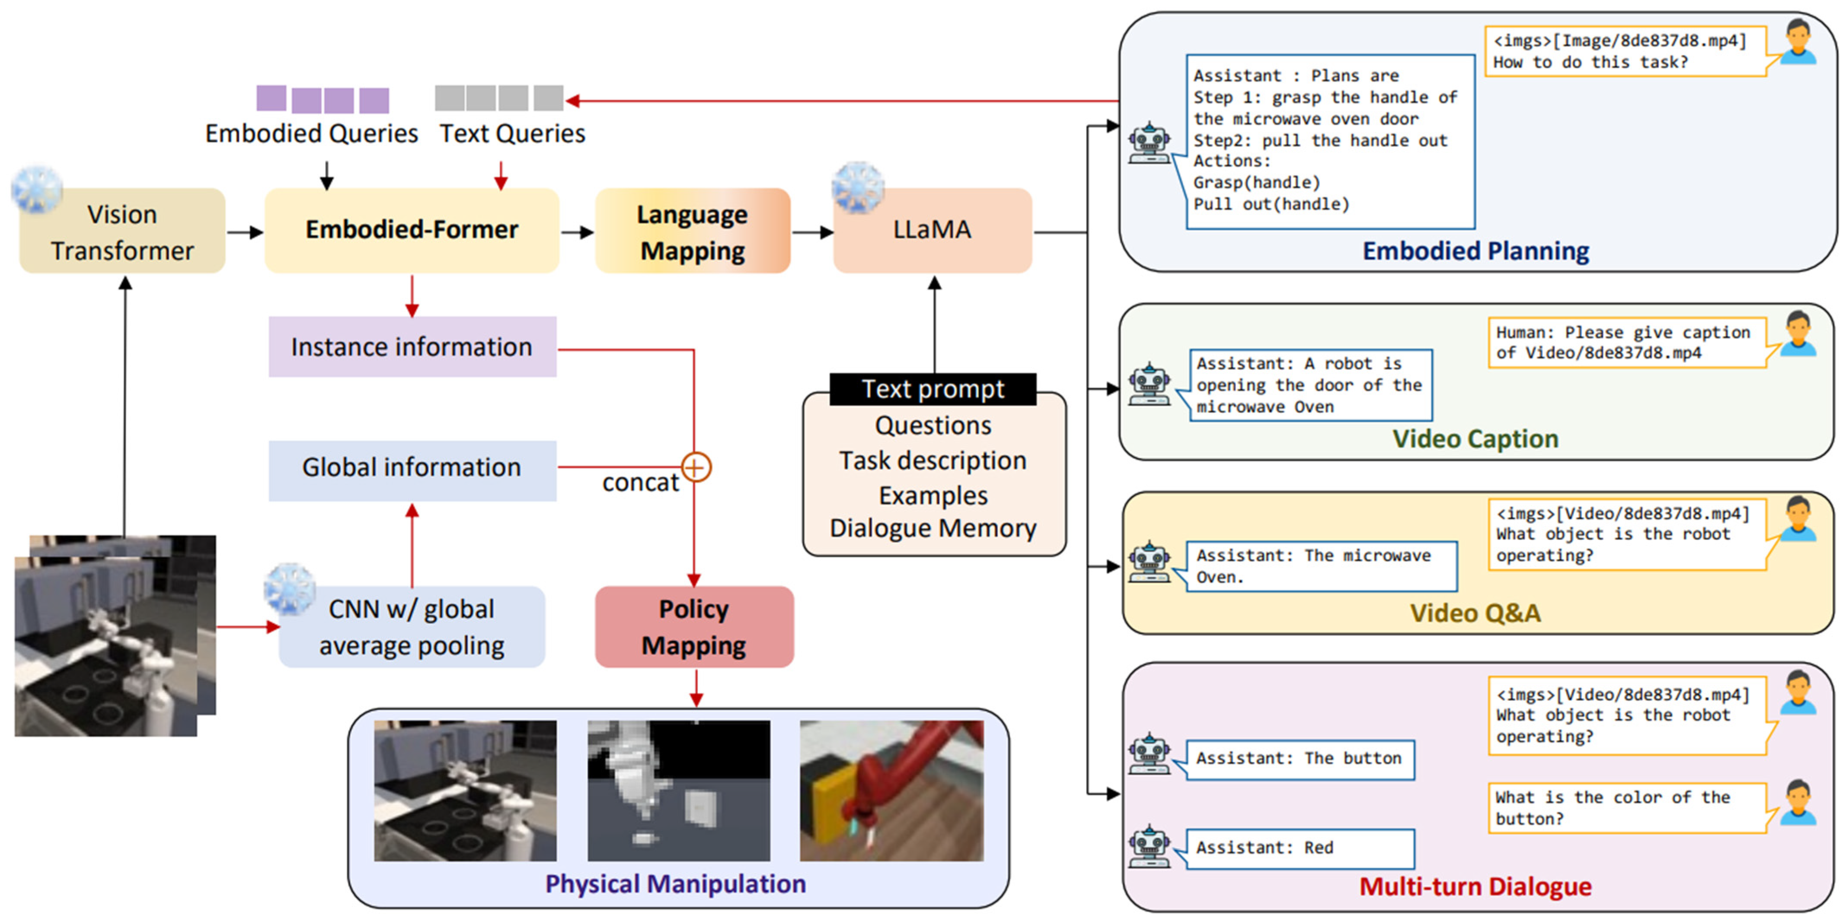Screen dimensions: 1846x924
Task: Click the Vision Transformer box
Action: coord(122,231)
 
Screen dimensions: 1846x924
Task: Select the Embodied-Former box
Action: coord(412,231)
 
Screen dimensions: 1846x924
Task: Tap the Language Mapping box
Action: coord(693,231)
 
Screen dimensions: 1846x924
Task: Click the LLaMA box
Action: coord(933,231)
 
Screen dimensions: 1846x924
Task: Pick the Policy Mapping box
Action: coord(694,627)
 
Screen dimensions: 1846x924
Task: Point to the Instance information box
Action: coord(412,347)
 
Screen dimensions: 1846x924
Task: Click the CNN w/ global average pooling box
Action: coord(412,627)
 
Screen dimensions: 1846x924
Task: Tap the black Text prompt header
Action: coord(933,389)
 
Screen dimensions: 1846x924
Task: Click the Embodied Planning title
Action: coord(1476,251)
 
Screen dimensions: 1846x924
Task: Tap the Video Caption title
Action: coord(1476,438)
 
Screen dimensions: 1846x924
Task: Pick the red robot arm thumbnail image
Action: coord(891,791)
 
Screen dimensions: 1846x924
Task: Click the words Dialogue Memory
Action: coord(933,528)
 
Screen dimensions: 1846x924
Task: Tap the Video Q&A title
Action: coord(1476,613)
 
